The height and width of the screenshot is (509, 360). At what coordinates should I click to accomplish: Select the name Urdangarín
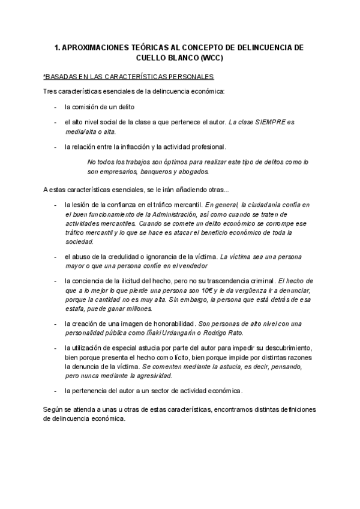185,333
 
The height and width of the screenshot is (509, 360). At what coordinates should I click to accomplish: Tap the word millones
138,309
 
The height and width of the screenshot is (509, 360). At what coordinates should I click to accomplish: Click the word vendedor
191,266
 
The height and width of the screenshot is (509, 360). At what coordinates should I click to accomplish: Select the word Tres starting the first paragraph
50,91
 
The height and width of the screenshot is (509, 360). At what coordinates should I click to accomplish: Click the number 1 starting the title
56,47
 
